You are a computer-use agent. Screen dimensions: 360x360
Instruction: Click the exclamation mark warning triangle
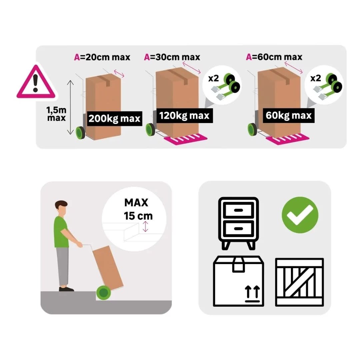36,82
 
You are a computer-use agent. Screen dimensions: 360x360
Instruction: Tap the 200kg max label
115,118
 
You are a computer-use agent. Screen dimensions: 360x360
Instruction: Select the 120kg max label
184,115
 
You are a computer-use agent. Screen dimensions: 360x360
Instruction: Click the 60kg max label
289,115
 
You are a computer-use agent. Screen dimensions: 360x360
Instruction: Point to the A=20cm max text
102,57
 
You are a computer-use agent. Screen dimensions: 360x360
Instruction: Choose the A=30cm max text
172,57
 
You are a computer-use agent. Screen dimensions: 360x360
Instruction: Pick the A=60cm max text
274,57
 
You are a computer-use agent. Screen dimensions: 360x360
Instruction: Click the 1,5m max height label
56,114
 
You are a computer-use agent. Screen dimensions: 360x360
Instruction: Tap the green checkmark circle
300,215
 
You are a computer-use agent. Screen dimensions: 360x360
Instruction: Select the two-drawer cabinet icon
239,223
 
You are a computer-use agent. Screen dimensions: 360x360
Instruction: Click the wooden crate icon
300,282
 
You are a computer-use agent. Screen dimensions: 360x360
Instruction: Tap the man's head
61,208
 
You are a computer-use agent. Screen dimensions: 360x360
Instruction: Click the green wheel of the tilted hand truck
104,293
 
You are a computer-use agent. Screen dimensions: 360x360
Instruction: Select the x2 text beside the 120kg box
214,79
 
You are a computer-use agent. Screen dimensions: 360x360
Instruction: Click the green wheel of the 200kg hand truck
80,133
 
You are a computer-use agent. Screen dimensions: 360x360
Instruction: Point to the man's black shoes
66,289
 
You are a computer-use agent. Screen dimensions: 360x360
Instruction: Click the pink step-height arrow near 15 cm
145,227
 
